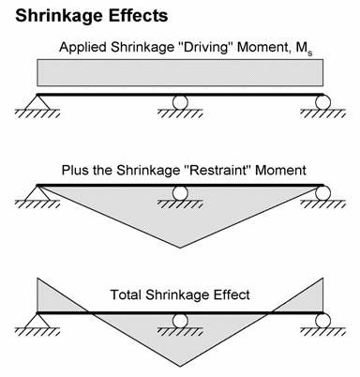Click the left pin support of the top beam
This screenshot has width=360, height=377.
pos(37,101)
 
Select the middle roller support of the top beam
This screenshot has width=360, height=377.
pos(179,101)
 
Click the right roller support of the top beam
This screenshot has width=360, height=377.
pos(322,101)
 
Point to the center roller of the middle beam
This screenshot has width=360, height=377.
pos(179,193)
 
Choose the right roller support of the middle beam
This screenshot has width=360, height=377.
pos(322,193)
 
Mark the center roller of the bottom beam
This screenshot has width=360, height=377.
pos(179,319)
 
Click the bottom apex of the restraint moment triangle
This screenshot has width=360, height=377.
pos(179,248)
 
